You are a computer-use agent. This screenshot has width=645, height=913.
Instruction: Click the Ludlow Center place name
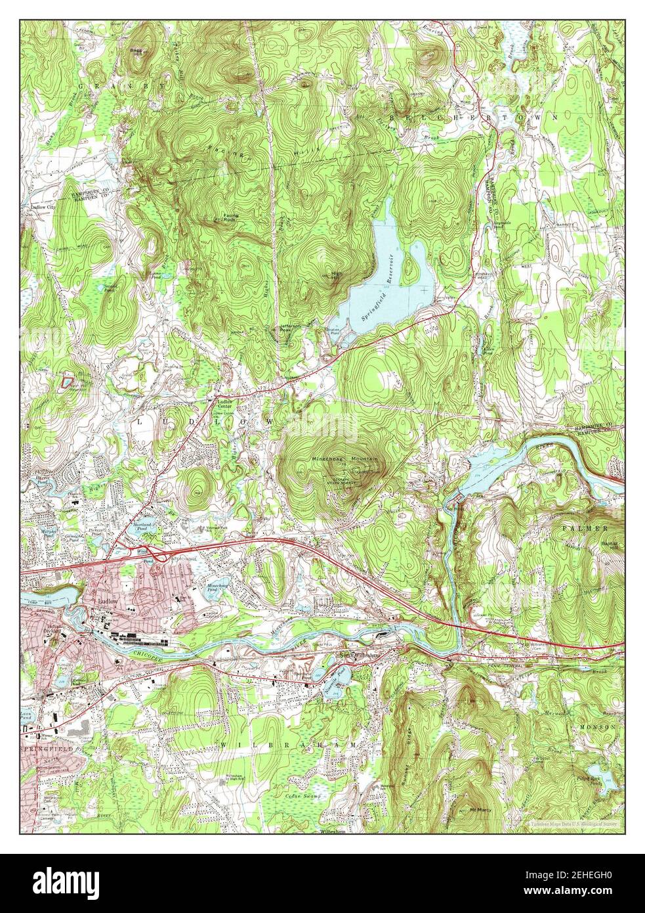tap(224, 405)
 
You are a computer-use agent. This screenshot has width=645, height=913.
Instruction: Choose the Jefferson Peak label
tap(285, 328)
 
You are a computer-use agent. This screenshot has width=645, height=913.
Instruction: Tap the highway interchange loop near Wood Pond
tap(150, 554)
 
